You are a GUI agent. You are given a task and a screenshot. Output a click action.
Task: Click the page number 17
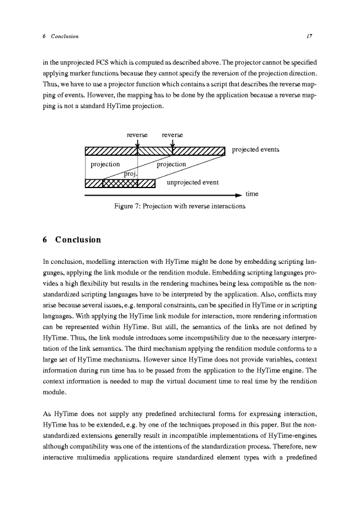(308, 36)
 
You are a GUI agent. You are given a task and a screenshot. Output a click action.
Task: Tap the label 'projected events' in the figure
(255, 150)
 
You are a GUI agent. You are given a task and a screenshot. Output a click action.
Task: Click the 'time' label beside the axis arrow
(252, 193)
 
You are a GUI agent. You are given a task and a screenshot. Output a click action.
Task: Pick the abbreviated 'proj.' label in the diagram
(130, 173)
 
